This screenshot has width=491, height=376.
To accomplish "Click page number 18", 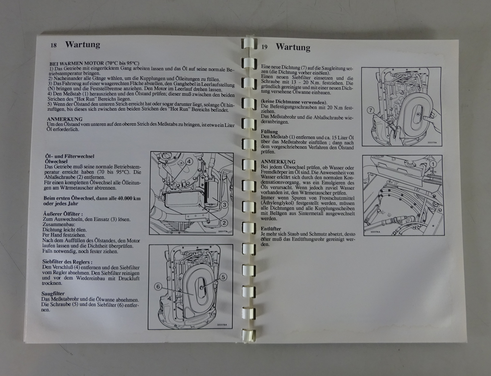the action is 54,45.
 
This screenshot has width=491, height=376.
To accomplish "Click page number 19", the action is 264,47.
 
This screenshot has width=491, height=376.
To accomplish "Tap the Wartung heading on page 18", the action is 83,45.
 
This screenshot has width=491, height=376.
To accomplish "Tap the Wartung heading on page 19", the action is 293,47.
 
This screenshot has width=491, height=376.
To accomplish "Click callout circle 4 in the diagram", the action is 189,161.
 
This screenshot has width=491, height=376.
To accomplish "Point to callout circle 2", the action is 224,223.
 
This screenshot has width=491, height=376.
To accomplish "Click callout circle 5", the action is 223,277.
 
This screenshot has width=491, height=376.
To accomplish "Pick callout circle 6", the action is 158,287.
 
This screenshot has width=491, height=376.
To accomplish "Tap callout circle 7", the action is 370,110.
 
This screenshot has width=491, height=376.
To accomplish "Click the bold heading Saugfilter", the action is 53,294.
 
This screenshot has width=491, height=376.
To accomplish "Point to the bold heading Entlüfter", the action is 271,229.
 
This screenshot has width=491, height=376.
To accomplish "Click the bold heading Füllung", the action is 269,131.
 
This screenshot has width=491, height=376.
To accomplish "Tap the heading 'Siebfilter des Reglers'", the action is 67,262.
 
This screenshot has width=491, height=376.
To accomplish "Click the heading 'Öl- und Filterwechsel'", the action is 70,156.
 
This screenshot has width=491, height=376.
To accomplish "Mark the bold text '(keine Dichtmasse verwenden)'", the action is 294,102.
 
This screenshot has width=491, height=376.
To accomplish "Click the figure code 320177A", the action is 223,231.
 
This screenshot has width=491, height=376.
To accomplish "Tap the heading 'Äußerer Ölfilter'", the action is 63,214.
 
